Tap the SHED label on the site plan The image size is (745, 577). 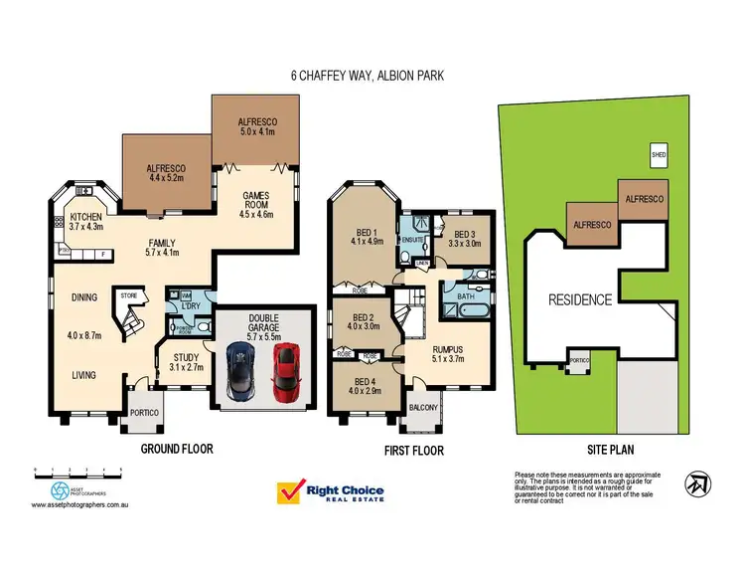click(x=657, y=155)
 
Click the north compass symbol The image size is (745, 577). click(x=699, y=483)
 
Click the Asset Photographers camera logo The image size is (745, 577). click(x=63, y=490)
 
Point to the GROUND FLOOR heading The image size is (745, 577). click(x=177, y=450)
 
